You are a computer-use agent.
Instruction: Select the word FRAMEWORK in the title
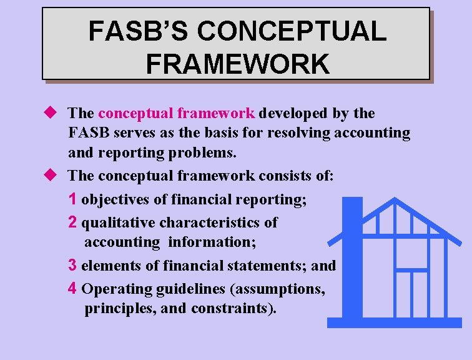(237, 64)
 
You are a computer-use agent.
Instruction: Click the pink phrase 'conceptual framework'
(177, 114)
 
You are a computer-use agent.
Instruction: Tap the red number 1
(73, 199)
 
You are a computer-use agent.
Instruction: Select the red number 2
(73, 222)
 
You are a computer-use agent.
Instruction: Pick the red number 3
(73, 265)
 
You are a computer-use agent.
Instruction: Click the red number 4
(73, 288)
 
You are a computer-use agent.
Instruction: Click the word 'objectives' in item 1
(112, 200)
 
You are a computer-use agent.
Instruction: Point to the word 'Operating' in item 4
(111, 289)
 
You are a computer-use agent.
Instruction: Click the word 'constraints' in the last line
(242, 309)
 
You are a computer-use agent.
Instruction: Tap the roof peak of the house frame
(395, 201)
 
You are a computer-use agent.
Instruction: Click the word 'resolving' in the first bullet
(298, 133)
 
